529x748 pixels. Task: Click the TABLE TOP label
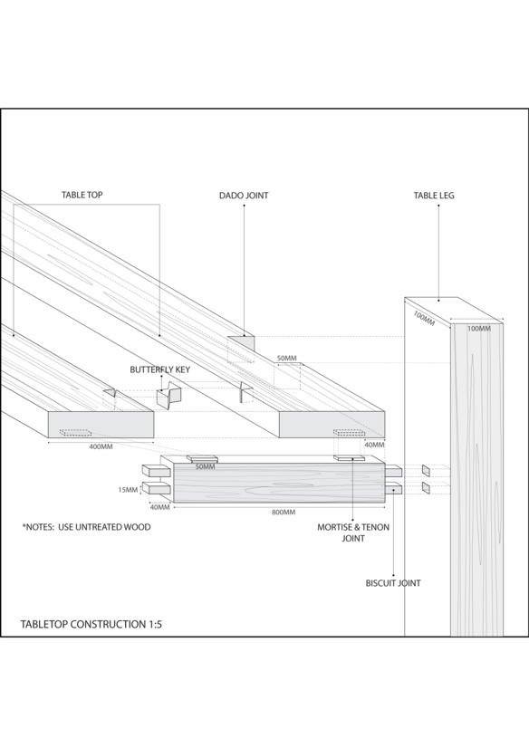coord(82,195)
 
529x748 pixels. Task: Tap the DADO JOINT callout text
coord(244,195)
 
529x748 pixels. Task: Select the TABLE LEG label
coord(434,195)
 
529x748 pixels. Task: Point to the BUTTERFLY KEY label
coord(159,369)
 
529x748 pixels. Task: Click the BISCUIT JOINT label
coord(393,583)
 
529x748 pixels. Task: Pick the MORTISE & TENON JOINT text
coord(353,532)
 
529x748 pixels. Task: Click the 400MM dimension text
coord(101,447)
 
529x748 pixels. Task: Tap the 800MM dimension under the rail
coord(284,513)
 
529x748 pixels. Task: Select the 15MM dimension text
coord(128,490)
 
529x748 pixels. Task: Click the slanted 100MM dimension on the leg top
coord(424,319)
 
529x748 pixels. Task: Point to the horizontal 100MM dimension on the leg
coord(479,328)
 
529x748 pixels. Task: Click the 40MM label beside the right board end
coord(374,445)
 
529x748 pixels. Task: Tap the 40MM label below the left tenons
coord(159,507)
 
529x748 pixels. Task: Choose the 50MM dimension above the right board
coord(286,359)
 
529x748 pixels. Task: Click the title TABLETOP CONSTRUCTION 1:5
coord(91,624)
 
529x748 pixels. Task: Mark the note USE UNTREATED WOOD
coord(104,527)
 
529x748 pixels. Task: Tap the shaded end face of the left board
coord(101,425)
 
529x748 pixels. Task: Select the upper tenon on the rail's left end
coord(157,471)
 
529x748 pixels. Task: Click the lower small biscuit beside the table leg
coord(426,488)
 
